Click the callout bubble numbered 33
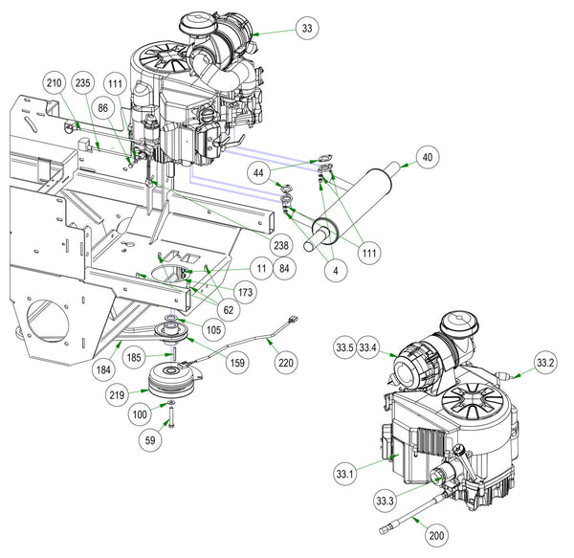coord(306,29)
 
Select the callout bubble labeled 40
coord(427,158)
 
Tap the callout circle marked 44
coord(259,172)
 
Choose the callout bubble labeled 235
coord(83,84)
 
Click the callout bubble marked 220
coord(286,363)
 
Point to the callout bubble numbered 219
coord(118,394)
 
